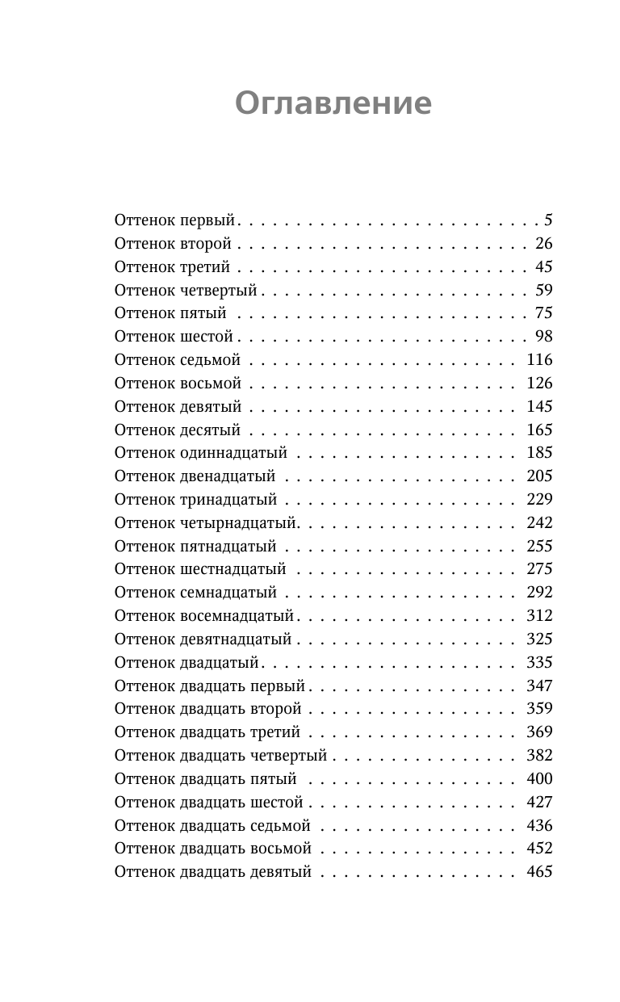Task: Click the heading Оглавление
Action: coord(333,104)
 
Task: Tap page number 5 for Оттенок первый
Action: coord(548,220)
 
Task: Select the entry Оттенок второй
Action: coord(173,243)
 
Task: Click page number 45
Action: coord(543,266)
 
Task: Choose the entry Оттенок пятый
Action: coord(170,312)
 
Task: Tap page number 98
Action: coord(543,336)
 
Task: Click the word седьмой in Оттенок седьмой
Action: coord(211,359)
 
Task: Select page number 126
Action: coord(539,383)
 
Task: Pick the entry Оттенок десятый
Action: coord(178,430)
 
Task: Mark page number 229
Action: coord(539,499)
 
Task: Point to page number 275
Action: coord(539,568)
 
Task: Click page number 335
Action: coord(539,662)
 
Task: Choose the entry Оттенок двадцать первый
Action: coord(210,685)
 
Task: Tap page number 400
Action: coord(539,778)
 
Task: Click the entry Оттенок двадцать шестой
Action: coord(208,802)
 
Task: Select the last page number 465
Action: coord(539,871)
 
